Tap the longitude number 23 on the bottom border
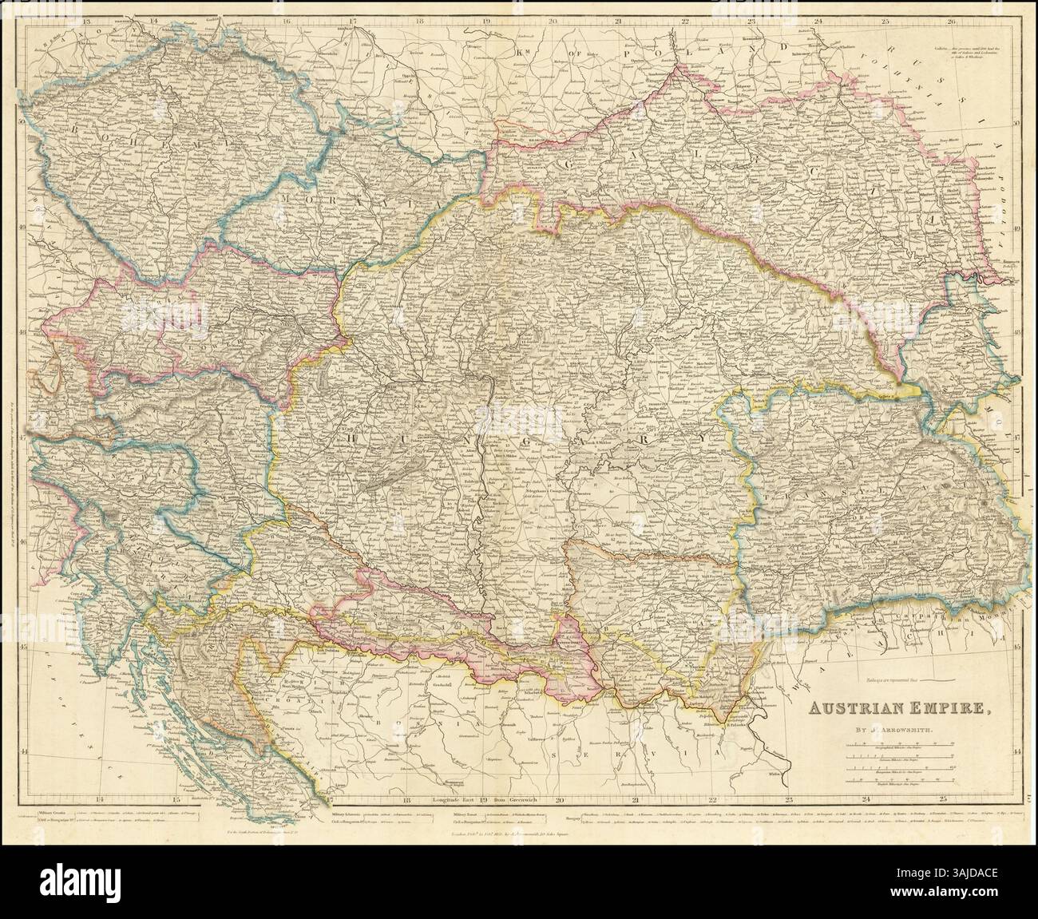click(788, 798)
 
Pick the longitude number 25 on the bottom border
click(943, 798)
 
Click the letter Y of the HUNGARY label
click(705, 438)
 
